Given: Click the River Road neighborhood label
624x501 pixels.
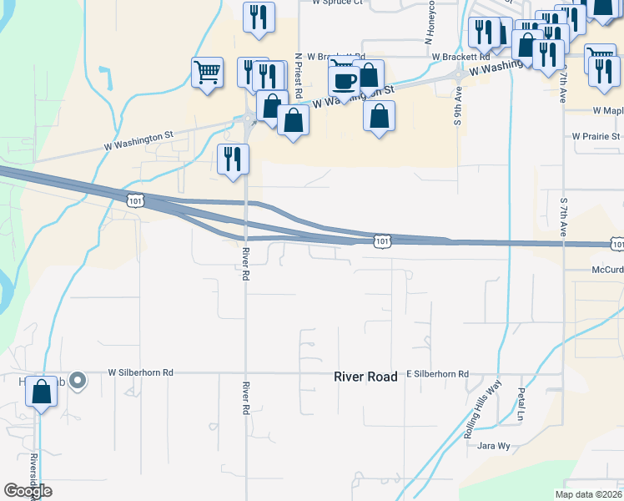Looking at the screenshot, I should pos(365,377).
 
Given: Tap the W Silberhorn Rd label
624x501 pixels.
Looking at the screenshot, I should pos(140,372).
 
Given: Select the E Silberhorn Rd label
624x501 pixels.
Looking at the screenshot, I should pos(437,374).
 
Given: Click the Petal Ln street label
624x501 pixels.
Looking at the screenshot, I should pos(520,403).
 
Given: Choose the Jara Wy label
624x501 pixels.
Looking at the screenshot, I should pos(493,446).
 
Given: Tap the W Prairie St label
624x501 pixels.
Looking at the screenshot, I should pos(596,136).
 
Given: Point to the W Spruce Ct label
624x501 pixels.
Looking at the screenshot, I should pos(338,3).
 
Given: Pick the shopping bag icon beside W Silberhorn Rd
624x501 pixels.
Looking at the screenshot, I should pos(41,392).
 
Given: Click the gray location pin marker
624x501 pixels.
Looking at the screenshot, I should pos(78,381).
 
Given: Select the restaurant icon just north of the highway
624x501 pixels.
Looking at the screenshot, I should pos(233,159).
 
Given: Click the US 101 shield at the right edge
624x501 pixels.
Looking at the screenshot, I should pos(616,244).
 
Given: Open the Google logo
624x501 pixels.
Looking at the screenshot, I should pos(28,491).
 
